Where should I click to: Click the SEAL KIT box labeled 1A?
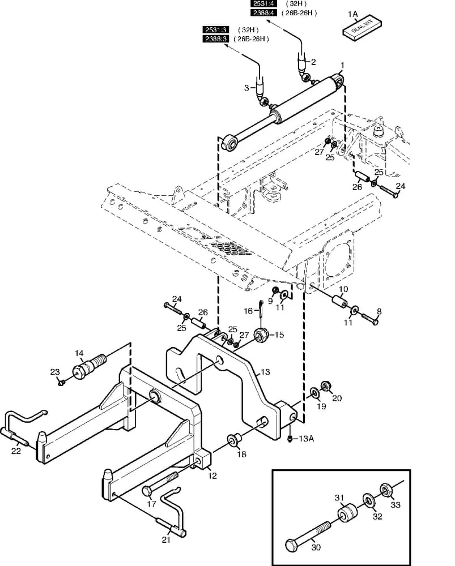(x=362, y=28)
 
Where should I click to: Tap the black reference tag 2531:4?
(x=263, y=3)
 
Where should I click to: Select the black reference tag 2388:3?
(x=215, y=38)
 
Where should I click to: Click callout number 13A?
(x=306, y=439)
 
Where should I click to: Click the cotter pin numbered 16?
(x=261, y=308)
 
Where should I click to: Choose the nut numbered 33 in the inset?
(x=386, y=490)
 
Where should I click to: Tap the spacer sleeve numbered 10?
(x=339, y=301)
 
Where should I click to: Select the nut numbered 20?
(x=326, y=385)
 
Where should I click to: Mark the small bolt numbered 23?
(x=61, y=381)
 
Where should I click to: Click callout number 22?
(x=16, y=451)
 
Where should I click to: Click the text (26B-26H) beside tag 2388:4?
(x=299, y=12)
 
